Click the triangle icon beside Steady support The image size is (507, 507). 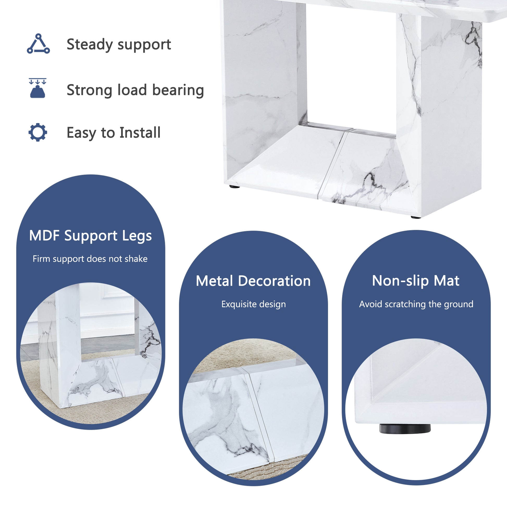(38, 44)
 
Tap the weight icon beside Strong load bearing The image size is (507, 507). (38, 89)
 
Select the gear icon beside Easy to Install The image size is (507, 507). (38, 132)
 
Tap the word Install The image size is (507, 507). (140, 133)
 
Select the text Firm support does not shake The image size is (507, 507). (90, 259)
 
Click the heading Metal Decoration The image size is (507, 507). (253, 281)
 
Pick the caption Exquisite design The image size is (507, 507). (253, 304)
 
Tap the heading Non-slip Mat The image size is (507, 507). (416, 281)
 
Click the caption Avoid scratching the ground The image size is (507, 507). (416, 304)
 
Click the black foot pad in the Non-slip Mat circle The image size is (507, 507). (405, 429)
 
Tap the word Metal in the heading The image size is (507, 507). (214, 281)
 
